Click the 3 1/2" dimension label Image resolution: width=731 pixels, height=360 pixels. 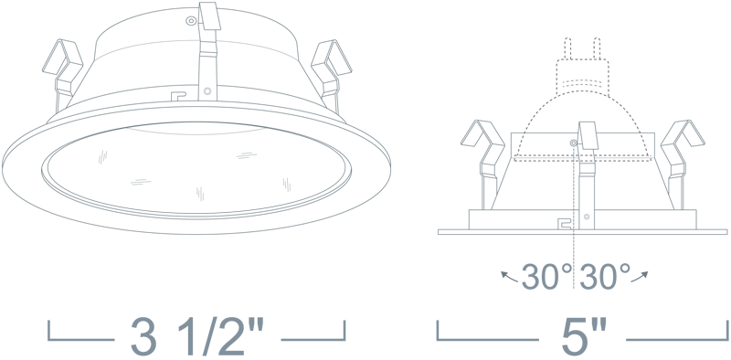[x=197, y=335]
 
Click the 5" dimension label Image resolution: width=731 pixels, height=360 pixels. [x=585, y=336]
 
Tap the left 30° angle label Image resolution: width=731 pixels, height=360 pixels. [x=546, y=277]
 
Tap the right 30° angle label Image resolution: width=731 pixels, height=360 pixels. [x=605, y=277]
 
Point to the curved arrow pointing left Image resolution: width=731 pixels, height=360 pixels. [x=509, y=278]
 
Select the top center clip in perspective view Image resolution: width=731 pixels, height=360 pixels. [x=208, y=50]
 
